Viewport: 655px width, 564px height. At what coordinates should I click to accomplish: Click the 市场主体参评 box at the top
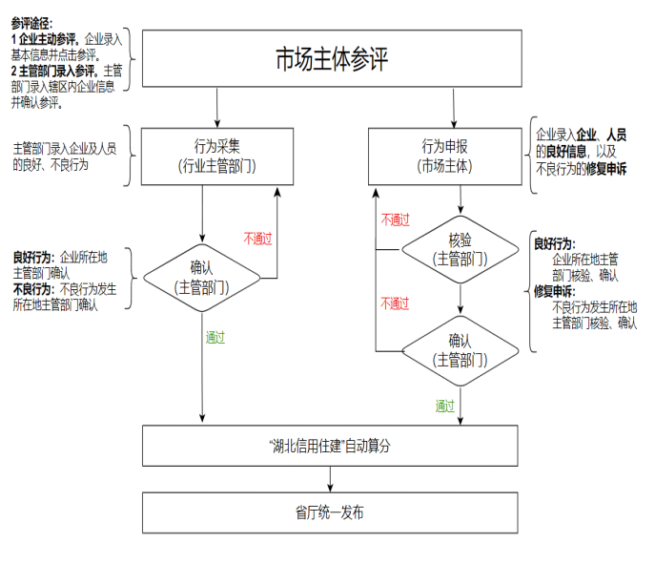(331, 58)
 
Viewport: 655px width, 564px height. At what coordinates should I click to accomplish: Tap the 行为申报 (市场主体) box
(445, 156)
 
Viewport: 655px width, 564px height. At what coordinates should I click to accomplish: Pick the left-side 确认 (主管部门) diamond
(202, 277)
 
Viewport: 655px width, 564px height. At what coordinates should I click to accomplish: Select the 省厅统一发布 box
(331, 512)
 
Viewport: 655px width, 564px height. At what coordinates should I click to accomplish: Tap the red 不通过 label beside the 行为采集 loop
(258, 238)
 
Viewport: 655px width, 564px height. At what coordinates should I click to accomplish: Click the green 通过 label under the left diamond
(215, 337)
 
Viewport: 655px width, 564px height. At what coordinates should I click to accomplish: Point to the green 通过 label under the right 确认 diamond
(445, 406)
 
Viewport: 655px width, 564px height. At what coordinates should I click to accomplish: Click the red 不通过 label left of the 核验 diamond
(395, 219)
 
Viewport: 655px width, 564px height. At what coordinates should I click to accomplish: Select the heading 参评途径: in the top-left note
(32, 22)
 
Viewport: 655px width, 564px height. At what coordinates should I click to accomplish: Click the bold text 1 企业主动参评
(45, 39)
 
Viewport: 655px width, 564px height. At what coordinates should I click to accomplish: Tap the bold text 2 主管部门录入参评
(53, 71)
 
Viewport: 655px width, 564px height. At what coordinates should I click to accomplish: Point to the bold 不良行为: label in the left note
(33, 288)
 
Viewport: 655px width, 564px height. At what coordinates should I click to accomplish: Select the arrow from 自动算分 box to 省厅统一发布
(331, 478)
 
